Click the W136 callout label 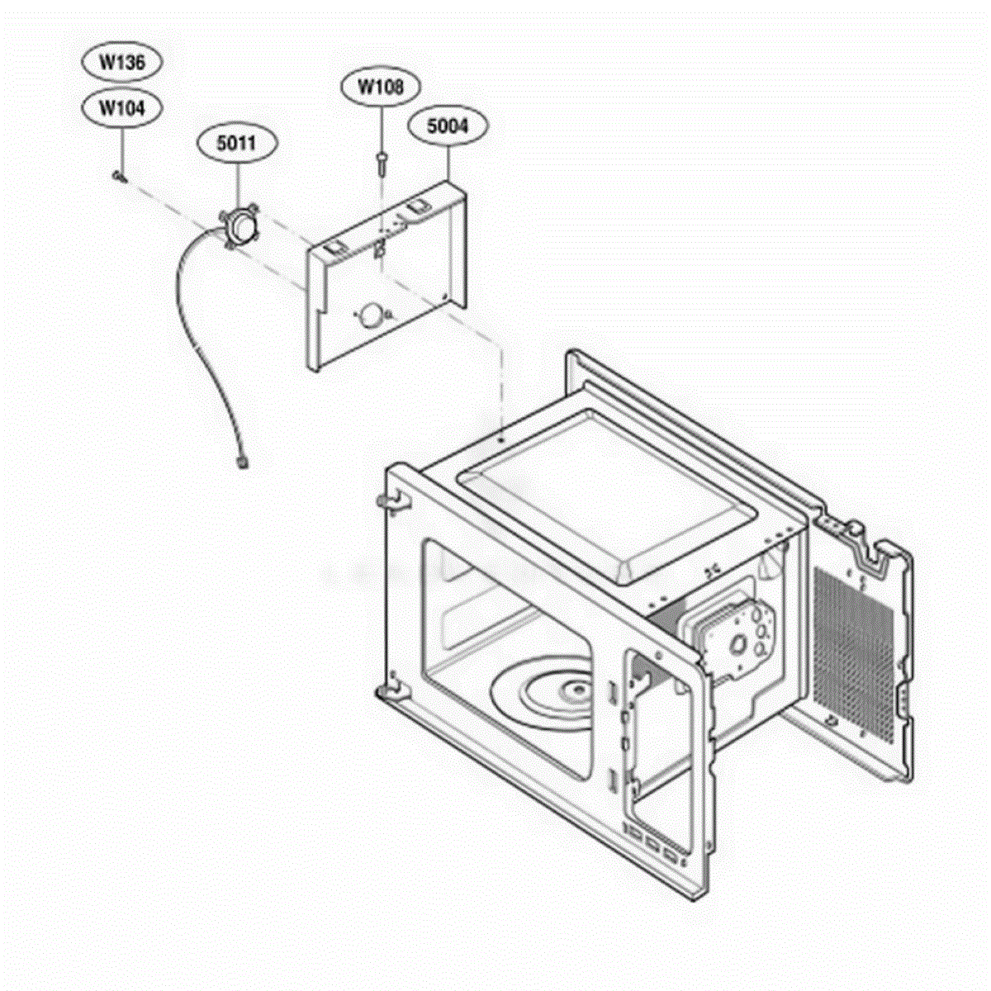click(x=122, y=62)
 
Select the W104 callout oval click(x=122, y=108)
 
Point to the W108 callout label click(x=381, y=87)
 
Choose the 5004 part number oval click(x=448, y=126)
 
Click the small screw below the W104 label click(x=119, y=176)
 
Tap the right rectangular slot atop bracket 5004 click(x=418, y=206)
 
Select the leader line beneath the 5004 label click(x=448, y=163)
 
